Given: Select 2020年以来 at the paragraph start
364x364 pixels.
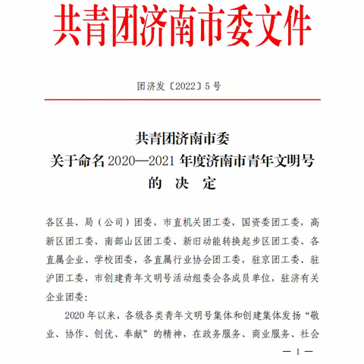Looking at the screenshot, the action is pyautogui.click(x=83, y=313).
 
